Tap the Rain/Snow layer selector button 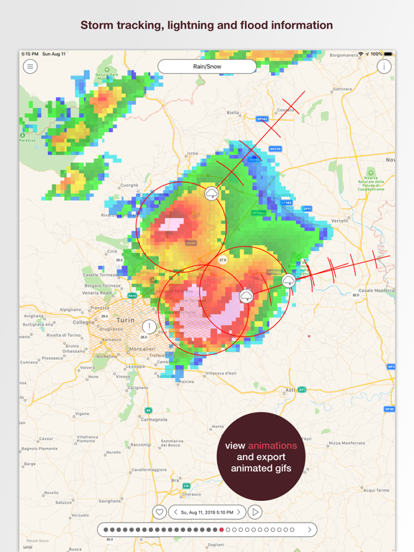coord(207,66)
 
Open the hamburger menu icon coord(29,66)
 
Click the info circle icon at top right coord(384,66)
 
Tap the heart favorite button coord(160,512)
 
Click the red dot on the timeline coord(221,530)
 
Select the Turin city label coord(125,320)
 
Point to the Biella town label coord(233,113)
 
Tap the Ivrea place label coord(192,153)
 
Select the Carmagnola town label coord(154,419)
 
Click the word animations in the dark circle coord(272,446)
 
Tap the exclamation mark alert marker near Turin coord(149,327)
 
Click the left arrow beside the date coord(176,512)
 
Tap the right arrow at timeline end coord(310,530)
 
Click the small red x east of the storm coord(309,336)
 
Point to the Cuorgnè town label coord(129,185)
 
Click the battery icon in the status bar coord(388,54)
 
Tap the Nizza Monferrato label coord(349,443)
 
